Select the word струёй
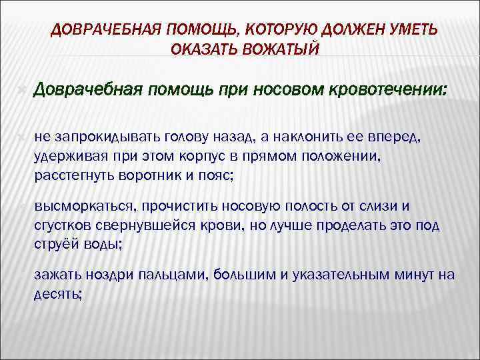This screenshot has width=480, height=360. pyautogui.click(x=55, y=243)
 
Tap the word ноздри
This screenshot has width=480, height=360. pyautogui.click(x=111, y=275)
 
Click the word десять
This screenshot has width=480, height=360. pyautogui.click(x=57, y=294)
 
